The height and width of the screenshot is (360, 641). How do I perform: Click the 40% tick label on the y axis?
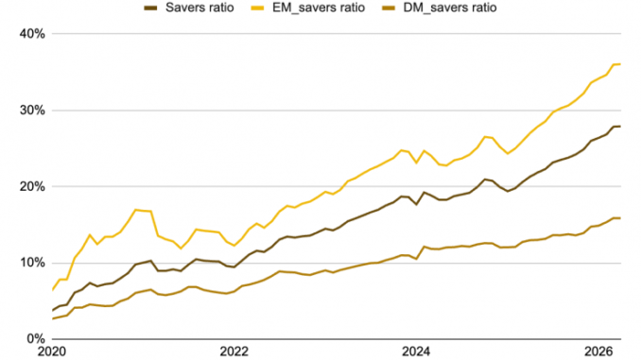point(32,34)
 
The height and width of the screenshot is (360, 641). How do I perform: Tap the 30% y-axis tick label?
point(32,111)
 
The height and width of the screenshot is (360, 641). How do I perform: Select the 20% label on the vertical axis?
point(32,187)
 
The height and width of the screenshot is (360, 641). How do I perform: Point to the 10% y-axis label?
point(32,263)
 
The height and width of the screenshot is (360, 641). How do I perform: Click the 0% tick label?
point(36,339)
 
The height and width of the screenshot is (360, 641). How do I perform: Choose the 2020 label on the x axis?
point(51,351)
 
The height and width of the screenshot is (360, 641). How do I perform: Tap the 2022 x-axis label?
point(234,351)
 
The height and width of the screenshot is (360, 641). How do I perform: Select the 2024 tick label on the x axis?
point(416,351)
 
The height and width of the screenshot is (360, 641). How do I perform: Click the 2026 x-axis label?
point(598,351)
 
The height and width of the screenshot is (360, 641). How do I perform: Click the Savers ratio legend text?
point(199,8)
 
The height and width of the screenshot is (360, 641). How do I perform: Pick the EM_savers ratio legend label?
point(319,8)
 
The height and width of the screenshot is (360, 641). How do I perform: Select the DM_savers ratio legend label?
point(450,8)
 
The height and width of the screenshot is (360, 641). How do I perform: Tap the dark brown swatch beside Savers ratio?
point(150,8)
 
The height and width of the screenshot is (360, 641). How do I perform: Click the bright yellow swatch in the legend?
point(257,8)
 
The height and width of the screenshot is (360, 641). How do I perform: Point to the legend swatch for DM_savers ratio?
point(389,8)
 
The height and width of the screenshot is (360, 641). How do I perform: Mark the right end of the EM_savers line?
point(620,64)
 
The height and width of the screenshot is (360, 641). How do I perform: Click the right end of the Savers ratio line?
point(620,127)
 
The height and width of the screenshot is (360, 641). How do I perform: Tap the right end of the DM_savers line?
point(620,218)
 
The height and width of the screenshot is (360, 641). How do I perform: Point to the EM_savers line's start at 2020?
point(52,290)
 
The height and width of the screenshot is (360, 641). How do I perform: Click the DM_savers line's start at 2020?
point(52,318)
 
